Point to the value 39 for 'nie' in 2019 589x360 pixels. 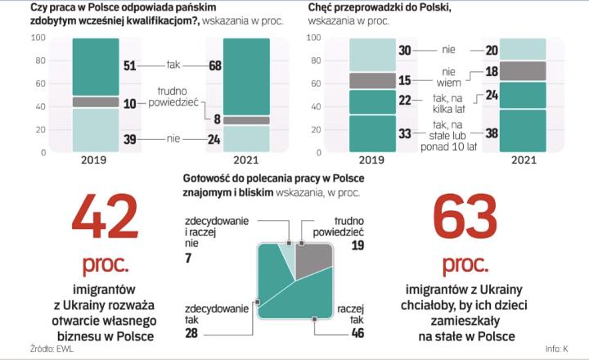pyautogui.click(x=129, y=139)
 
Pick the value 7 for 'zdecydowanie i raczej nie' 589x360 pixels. pyautogui.click(x=189, y=258)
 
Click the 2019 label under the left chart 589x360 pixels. pyautogui.click(x=95, y=161)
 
